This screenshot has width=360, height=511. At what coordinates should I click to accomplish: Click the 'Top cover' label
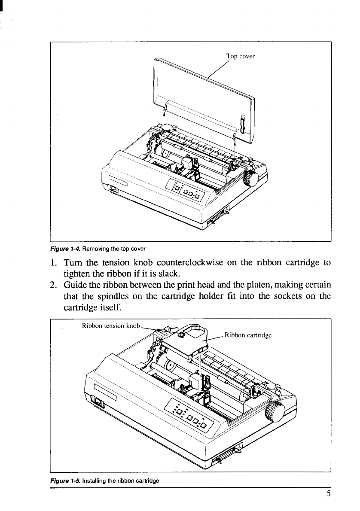click(x=241, y=56)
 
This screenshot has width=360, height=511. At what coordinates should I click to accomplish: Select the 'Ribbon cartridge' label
click(x=248, y=336)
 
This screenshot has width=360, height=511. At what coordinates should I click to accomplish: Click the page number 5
click(x=328, y=494)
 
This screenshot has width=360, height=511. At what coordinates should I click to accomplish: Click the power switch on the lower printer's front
click(x=98, y=402)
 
